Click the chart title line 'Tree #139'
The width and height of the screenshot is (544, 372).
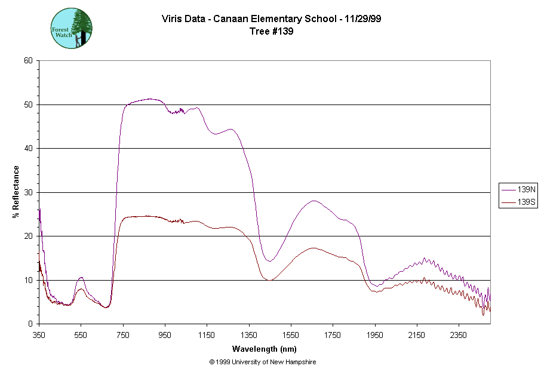[271, 32]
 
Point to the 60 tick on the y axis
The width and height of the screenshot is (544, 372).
[29, 61]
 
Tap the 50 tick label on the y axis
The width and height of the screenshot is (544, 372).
[29, 104]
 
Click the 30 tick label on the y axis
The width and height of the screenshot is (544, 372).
[29, 192]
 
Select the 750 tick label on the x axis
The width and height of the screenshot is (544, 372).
[123, 334]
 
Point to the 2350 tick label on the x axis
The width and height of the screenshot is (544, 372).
[458, 334]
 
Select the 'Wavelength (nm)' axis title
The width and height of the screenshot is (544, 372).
[265, 349]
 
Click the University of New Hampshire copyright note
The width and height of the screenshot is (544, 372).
[263, 362]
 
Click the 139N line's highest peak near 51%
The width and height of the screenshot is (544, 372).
[150, 99]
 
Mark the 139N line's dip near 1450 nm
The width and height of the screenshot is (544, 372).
[269, 261]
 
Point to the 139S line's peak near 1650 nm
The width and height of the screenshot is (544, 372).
[314, 248]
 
